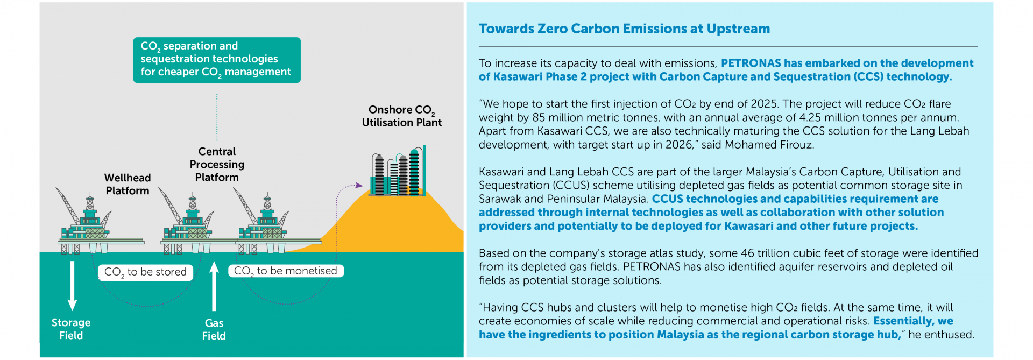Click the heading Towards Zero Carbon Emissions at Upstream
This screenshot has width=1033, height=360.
pos(624,29)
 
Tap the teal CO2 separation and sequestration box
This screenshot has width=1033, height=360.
pos(217,60)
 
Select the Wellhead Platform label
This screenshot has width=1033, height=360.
pos(128,184)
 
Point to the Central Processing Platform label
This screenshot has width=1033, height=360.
pos(217,164)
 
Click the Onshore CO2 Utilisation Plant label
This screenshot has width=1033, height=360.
pos(401,116)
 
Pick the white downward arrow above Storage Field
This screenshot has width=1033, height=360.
pos(73,285)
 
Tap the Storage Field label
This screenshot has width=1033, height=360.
pos(71,329)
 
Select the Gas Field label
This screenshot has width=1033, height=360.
pos(214,329)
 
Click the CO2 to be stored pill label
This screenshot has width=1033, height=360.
pos(145,272)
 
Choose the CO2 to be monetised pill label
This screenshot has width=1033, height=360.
pos(286,271)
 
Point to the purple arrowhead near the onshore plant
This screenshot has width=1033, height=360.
pos(359,186)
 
